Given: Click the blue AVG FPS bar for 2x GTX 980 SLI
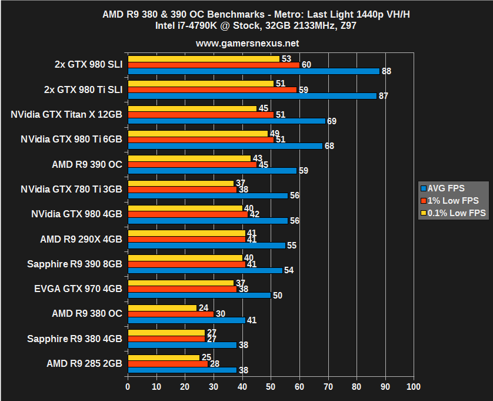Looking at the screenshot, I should (253, 71).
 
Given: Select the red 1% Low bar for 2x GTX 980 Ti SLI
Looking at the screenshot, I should (212, 90).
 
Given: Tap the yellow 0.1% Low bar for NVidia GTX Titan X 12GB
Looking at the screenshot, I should (192, 108).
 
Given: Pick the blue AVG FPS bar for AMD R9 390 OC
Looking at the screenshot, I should (212, 171).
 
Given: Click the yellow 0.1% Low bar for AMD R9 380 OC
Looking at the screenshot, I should (162, 307).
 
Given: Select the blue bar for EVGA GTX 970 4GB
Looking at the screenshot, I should (199, 295).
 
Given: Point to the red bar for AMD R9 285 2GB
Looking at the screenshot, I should (168, 364).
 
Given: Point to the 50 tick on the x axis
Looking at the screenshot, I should (271, 387).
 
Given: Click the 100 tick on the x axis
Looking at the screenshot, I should (414, 387).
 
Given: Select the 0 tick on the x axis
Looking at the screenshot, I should (128, 387).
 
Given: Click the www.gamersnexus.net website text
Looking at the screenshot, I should (247, 43).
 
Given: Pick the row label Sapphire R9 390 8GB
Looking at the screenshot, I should (75, 264).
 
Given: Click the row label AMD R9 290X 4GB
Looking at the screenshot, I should (81, 239).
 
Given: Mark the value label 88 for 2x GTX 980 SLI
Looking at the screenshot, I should (387, 71).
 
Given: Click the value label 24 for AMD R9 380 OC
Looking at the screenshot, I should (204, 307).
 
